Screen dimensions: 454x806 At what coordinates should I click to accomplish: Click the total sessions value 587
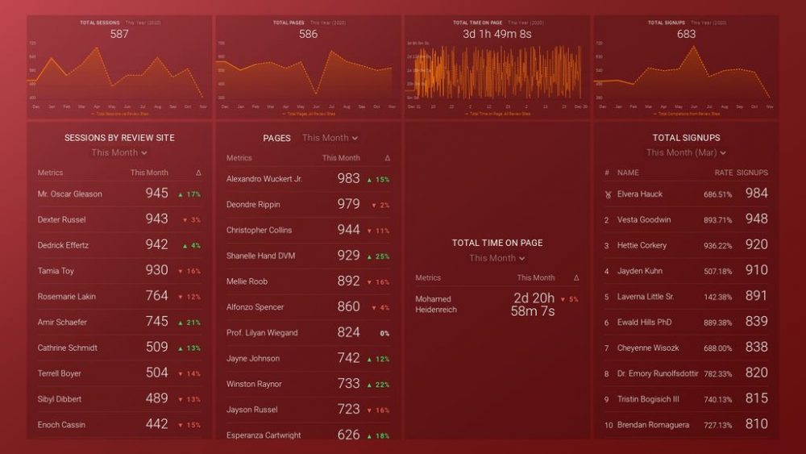(119, 34)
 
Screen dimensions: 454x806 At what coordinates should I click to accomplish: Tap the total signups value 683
(686, 34)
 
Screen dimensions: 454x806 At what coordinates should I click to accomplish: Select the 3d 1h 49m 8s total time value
(496, 34)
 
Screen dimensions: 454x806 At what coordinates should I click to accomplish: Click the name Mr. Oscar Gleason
(70, 194)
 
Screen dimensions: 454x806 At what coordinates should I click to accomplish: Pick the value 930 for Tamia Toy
(156, 271)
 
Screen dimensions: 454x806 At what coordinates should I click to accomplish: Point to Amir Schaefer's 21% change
(189, 323)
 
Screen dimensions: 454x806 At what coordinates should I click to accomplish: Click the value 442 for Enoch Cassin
(156, 424)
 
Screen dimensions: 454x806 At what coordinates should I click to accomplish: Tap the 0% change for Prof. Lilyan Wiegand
(384, 333)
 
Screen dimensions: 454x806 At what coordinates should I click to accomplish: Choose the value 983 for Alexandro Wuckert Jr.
(348, 179)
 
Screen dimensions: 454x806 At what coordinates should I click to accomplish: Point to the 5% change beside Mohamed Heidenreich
(569, 299)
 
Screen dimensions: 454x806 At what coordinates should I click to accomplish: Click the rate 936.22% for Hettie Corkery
(717, 246)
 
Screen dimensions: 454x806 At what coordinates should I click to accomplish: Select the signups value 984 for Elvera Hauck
(756, 194)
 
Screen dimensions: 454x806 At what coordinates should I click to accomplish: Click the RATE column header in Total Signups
(723, 173)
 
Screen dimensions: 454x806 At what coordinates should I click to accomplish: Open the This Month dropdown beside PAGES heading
(330, 138)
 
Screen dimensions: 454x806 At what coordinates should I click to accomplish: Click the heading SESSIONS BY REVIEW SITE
(119, 138)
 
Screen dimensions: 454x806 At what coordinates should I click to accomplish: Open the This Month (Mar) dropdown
(686, 152)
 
